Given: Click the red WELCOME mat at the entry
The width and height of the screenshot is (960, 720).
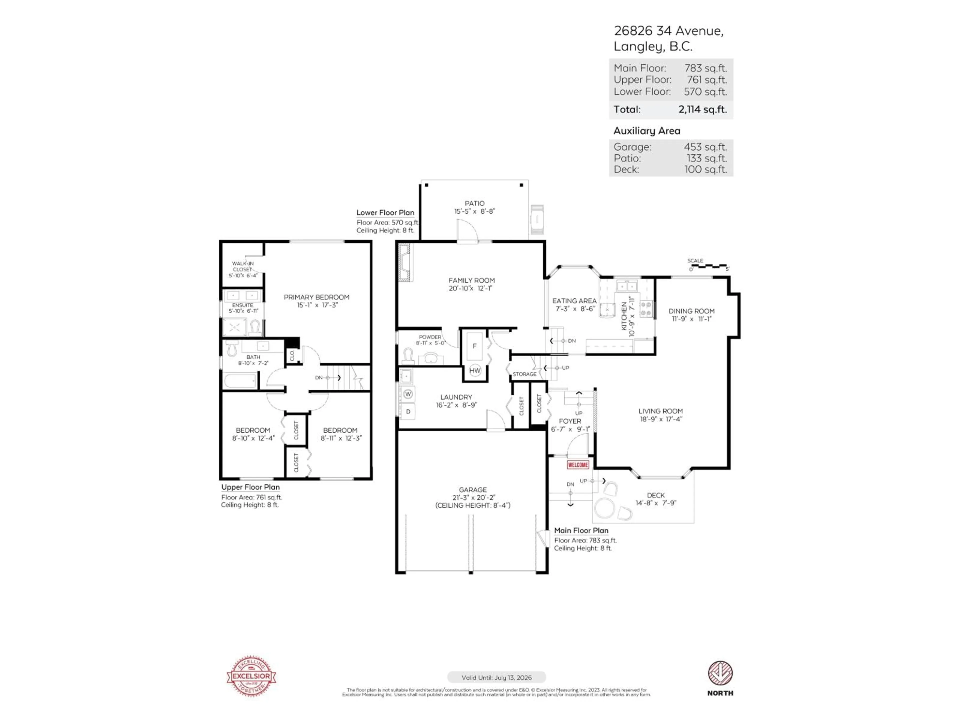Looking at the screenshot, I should coord(578,465).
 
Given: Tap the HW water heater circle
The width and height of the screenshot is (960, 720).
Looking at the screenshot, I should coord(475,370).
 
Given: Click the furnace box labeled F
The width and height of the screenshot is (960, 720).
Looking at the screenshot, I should coord(474,346).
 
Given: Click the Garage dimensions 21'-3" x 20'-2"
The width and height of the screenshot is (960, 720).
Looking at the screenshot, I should coord(472,497).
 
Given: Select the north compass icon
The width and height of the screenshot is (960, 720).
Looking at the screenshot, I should coord(720,673).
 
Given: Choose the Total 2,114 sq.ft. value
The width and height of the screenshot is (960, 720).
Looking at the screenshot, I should coord(702,109).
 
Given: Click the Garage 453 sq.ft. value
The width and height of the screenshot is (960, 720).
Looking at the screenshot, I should coord(705,147).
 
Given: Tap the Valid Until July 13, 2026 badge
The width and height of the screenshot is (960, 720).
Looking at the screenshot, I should coord(496,677).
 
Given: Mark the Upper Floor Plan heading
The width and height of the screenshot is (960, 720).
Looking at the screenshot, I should coord(250,487).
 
